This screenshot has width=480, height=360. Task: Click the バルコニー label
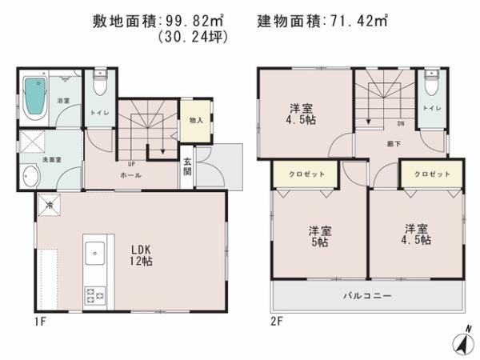tap(367, 296)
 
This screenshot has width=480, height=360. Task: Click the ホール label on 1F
tap(132, 174)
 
